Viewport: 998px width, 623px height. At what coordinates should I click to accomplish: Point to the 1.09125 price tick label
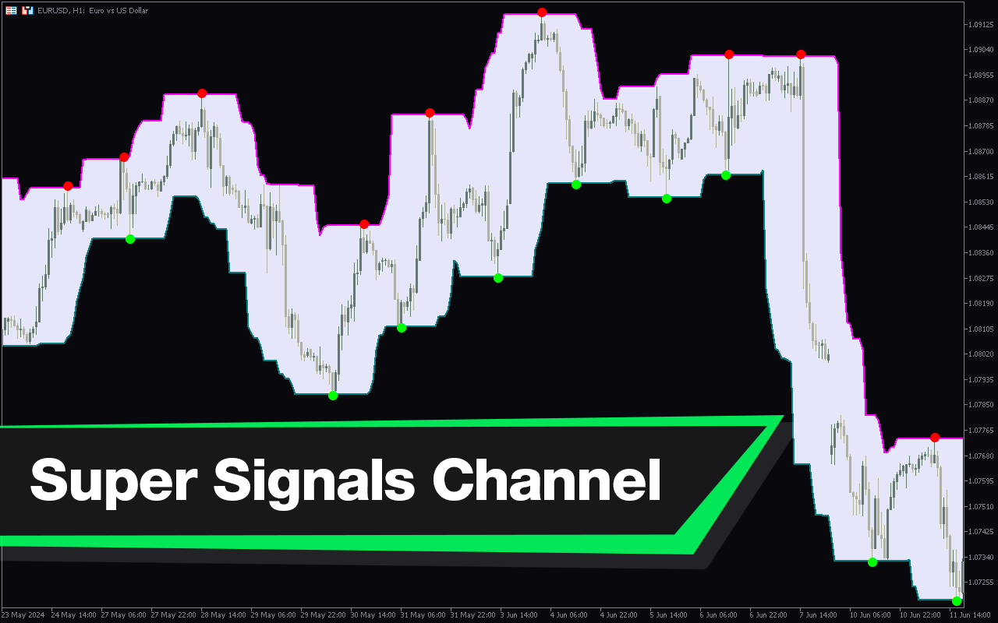pyautogui.click(x=981, y=24)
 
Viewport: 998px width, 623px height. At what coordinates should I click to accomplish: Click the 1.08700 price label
pyautogui.click(x=981, y=151)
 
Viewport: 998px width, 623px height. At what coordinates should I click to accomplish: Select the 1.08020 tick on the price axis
pyautogui.click(x=981, y=354)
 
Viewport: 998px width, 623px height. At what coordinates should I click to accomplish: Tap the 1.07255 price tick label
pyautogui.click(x=981, y=582)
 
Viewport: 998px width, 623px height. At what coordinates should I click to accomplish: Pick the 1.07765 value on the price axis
pyautogui.click(x=981, y=431)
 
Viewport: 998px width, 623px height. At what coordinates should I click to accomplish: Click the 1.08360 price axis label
pyautogui.click(x=981, y=253)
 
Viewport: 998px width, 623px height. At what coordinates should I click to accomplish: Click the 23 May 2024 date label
pyautogui.click(x=23, y=615)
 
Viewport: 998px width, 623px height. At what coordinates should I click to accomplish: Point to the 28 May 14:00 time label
pyautogui.click(x=223, y=615)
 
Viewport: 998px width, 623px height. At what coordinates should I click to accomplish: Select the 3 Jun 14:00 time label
pyautogui.click(x=518, y=615)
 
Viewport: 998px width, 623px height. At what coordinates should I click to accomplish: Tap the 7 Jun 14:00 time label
pyautogui.click(x=818, y=615)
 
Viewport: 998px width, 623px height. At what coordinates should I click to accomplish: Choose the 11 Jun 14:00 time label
pyautogui.click(x=972, y=615)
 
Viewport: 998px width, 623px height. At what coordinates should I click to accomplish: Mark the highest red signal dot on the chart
pyautogui.click(x=542, y=12)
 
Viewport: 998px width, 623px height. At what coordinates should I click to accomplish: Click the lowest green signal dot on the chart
pyautogui.click(x=957, y=601)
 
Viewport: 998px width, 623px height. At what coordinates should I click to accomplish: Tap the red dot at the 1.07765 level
pyautogui.click(x=935, y=438)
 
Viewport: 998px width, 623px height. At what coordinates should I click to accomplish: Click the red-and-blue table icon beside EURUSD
pyautogui.click(x=11, y=10)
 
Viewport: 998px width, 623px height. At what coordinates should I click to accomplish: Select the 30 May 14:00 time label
pyautogui.click(x=373, y=615)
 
